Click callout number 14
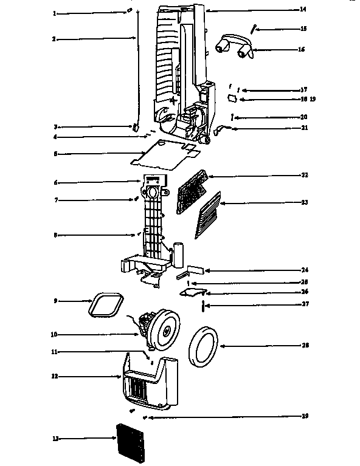point(303,9)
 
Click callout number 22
point(304,175)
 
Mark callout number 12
point(55,377)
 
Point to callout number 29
point(304,416)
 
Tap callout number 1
point(54,13)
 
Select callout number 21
point(304,128)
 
